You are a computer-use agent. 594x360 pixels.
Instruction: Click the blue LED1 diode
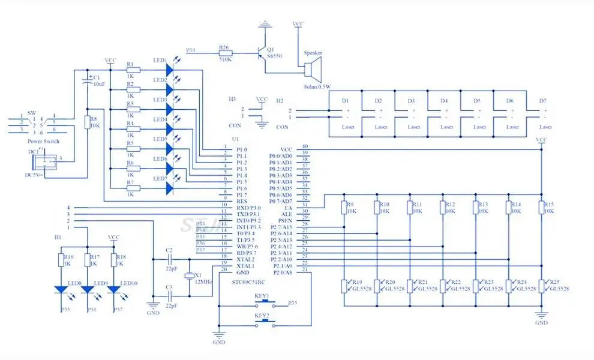[x=170, y=70]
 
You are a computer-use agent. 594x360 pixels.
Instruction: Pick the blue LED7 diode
[x=170, y=188]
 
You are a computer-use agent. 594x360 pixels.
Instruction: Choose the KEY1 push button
[x=262, y=303]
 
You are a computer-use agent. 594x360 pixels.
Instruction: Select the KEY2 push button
[x=262, y=322]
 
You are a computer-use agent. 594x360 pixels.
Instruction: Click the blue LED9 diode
[x=88, y=290]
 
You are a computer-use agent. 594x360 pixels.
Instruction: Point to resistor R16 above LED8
[x=61, y=260]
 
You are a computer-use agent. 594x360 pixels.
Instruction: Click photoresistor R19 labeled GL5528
[x=344, y=286]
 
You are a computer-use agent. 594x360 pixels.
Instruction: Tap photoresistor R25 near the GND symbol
[x=541, y=286]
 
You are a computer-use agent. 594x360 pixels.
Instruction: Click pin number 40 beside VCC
[x=305, y=147]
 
